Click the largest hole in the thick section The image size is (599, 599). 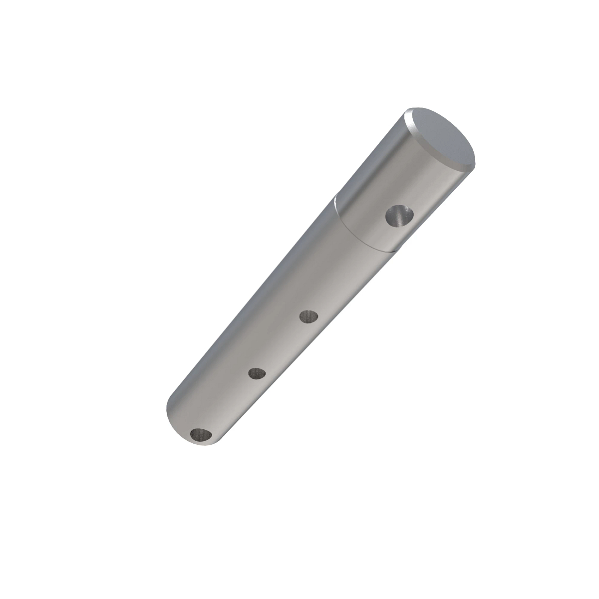click(x=400, y=217)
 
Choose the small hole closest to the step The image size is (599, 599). click(x=309, y=316)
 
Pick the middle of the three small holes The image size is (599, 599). click(x=257, y=373)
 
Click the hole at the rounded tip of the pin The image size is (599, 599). click(x=202, y=435)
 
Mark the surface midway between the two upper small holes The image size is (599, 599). click(x=283, y=344)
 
